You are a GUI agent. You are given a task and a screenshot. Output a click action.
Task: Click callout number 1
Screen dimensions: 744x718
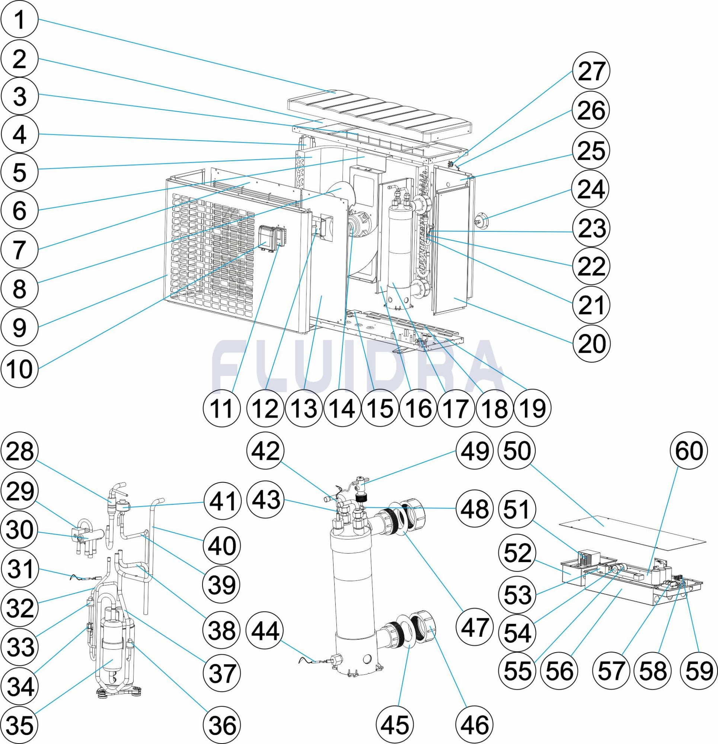tap(19, 20)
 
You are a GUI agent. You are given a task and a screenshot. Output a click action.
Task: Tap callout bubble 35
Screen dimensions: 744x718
tap(19, 725)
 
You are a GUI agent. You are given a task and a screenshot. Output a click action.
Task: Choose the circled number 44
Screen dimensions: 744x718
tap(265, 632)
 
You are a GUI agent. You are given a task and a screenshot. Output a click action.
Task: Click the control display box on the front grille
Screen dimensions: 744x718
tap(268, 238)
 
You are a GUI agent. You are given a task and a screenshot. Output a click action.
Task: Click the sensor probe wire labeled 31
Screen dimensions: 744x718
tap(82, 578)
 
